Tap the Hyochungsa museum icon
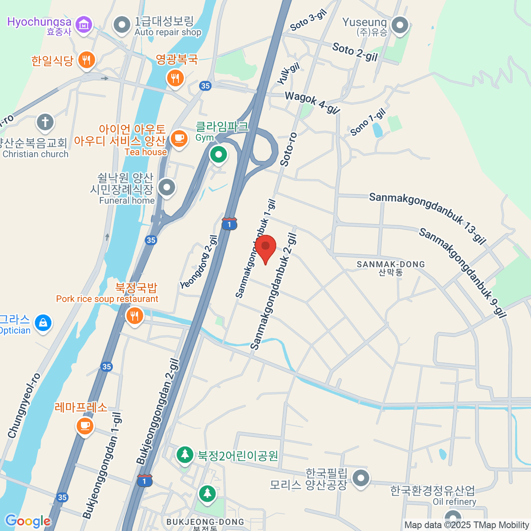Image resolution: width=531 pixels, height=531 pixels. (83, 24)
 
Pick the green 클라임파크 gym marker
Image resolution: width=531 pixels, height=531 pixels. (218, 154)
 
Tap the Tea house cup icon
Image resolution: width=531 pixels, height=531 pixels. (179, 139)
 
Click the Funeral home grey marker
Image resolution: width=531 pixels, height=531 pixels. (167, 188)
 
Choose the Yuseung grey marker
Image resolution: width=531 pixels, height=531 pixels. (400, 25)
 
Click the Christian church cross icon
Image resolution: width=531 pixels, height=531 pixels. (45, 122)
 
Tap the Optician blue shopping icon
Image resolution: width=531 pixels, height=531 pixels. (43, 323)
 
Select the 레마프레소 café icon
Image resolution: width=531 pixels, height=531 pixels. (85, 426)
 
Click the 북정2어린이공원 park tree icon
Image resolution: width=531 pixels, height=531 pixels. (185, 454)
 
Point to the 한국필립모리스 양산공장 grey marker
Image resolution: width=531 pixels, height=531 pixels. (361, 478)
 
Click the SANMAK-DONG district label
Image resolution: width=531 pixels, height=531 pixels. (391, 265)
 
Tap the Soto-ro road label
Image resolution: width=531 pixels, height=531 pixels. (289, 149)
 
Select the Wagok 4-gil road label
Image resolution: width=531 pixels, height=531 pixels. (312, 102)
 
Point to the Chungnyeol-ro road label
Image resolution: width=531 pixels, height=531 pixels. (24, 406)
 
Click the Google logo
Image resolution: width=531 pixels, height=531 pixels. (28, 521)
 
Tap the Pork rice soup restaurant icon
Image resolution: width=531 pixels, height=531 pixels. (135, 316)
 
